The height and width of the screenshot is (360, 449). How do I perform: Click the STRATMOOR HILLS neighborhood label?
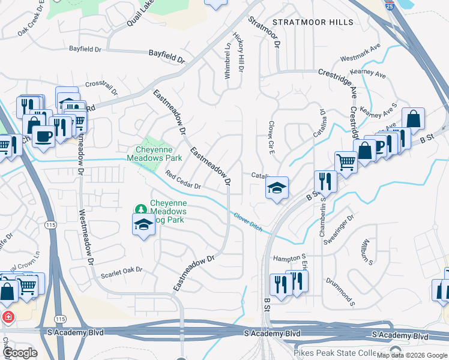[x=313, y=22]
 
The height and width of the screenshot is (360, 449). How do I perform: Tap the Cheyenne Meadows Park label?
[x=154, y=154]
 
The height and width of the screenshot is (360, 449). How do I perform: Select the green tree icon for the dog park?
[x=141, y=209]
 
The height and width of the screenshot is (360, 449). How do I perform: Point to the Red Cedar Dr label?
[x=182, y=182]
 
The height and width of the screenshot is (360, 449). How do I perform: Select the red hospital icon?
[x=8, y=316]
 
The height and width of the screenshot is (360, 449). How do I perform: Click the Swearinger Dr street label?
[x=340, y=229]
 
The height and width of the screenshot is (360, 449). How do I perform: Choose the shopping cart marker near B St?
[x=346, y=160]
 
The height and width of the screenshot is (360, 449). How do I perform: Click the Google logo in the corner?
[x=21, y=353]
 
